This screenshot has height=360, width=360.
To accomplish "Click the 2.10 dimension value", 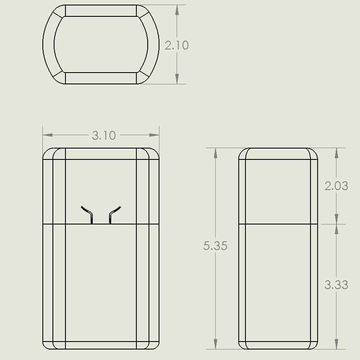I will tap(177, 45).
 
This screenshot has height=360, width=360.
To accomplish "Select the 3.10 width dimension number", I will tap(104, 135).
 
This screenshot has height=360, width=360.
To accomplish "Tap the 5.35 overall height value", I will tap(215, 246).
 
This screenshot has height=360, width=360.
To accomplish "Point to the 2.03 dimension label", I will tap(336, 185).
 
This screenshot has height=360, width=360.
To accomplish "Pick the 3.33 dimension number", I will tap(336, 285).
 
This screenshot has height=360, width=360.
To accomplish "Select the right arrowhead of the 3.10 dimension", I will tap(154, 135).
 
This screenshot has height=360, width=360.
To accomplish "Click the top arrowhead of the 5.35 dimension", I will tap(215, 153).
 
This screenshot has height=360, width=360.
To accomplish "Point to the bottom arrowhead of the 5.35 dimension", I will tap(215, 344).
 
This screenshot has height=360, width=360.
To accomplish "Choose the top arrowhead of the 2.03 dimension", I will tap(337, 153).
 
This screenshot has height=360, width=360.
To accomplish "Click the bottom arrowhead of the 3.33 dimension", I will tap(337, 344).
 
